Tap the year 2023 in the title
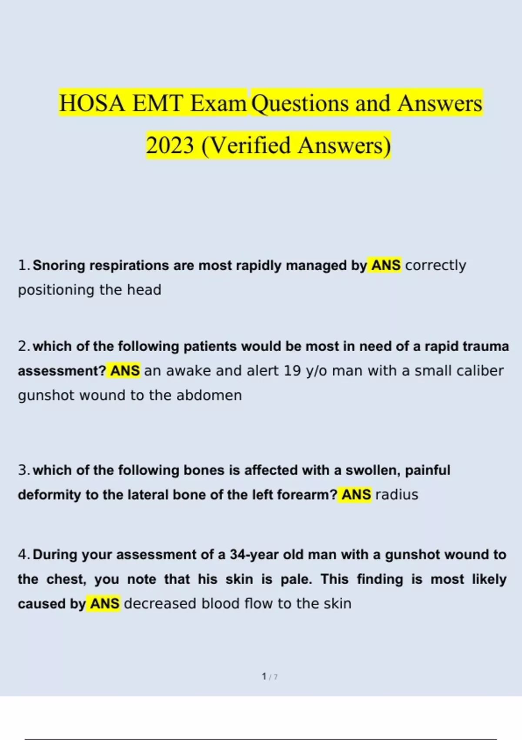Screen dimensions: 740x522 point(170,145)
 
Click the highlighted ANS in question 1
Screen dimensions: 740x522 point(385,265)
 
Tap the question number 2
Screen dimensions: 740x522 point(23,346)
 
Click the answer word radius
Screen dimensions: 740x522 point(396,495)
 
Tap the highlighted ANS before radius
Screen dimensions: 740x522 point(356,495)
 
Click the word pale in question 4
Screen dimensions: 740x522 point(296,579)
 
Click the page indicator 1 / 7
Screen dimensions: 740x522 point(270,677)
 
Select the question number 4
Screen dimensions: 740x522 point(23,555)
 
